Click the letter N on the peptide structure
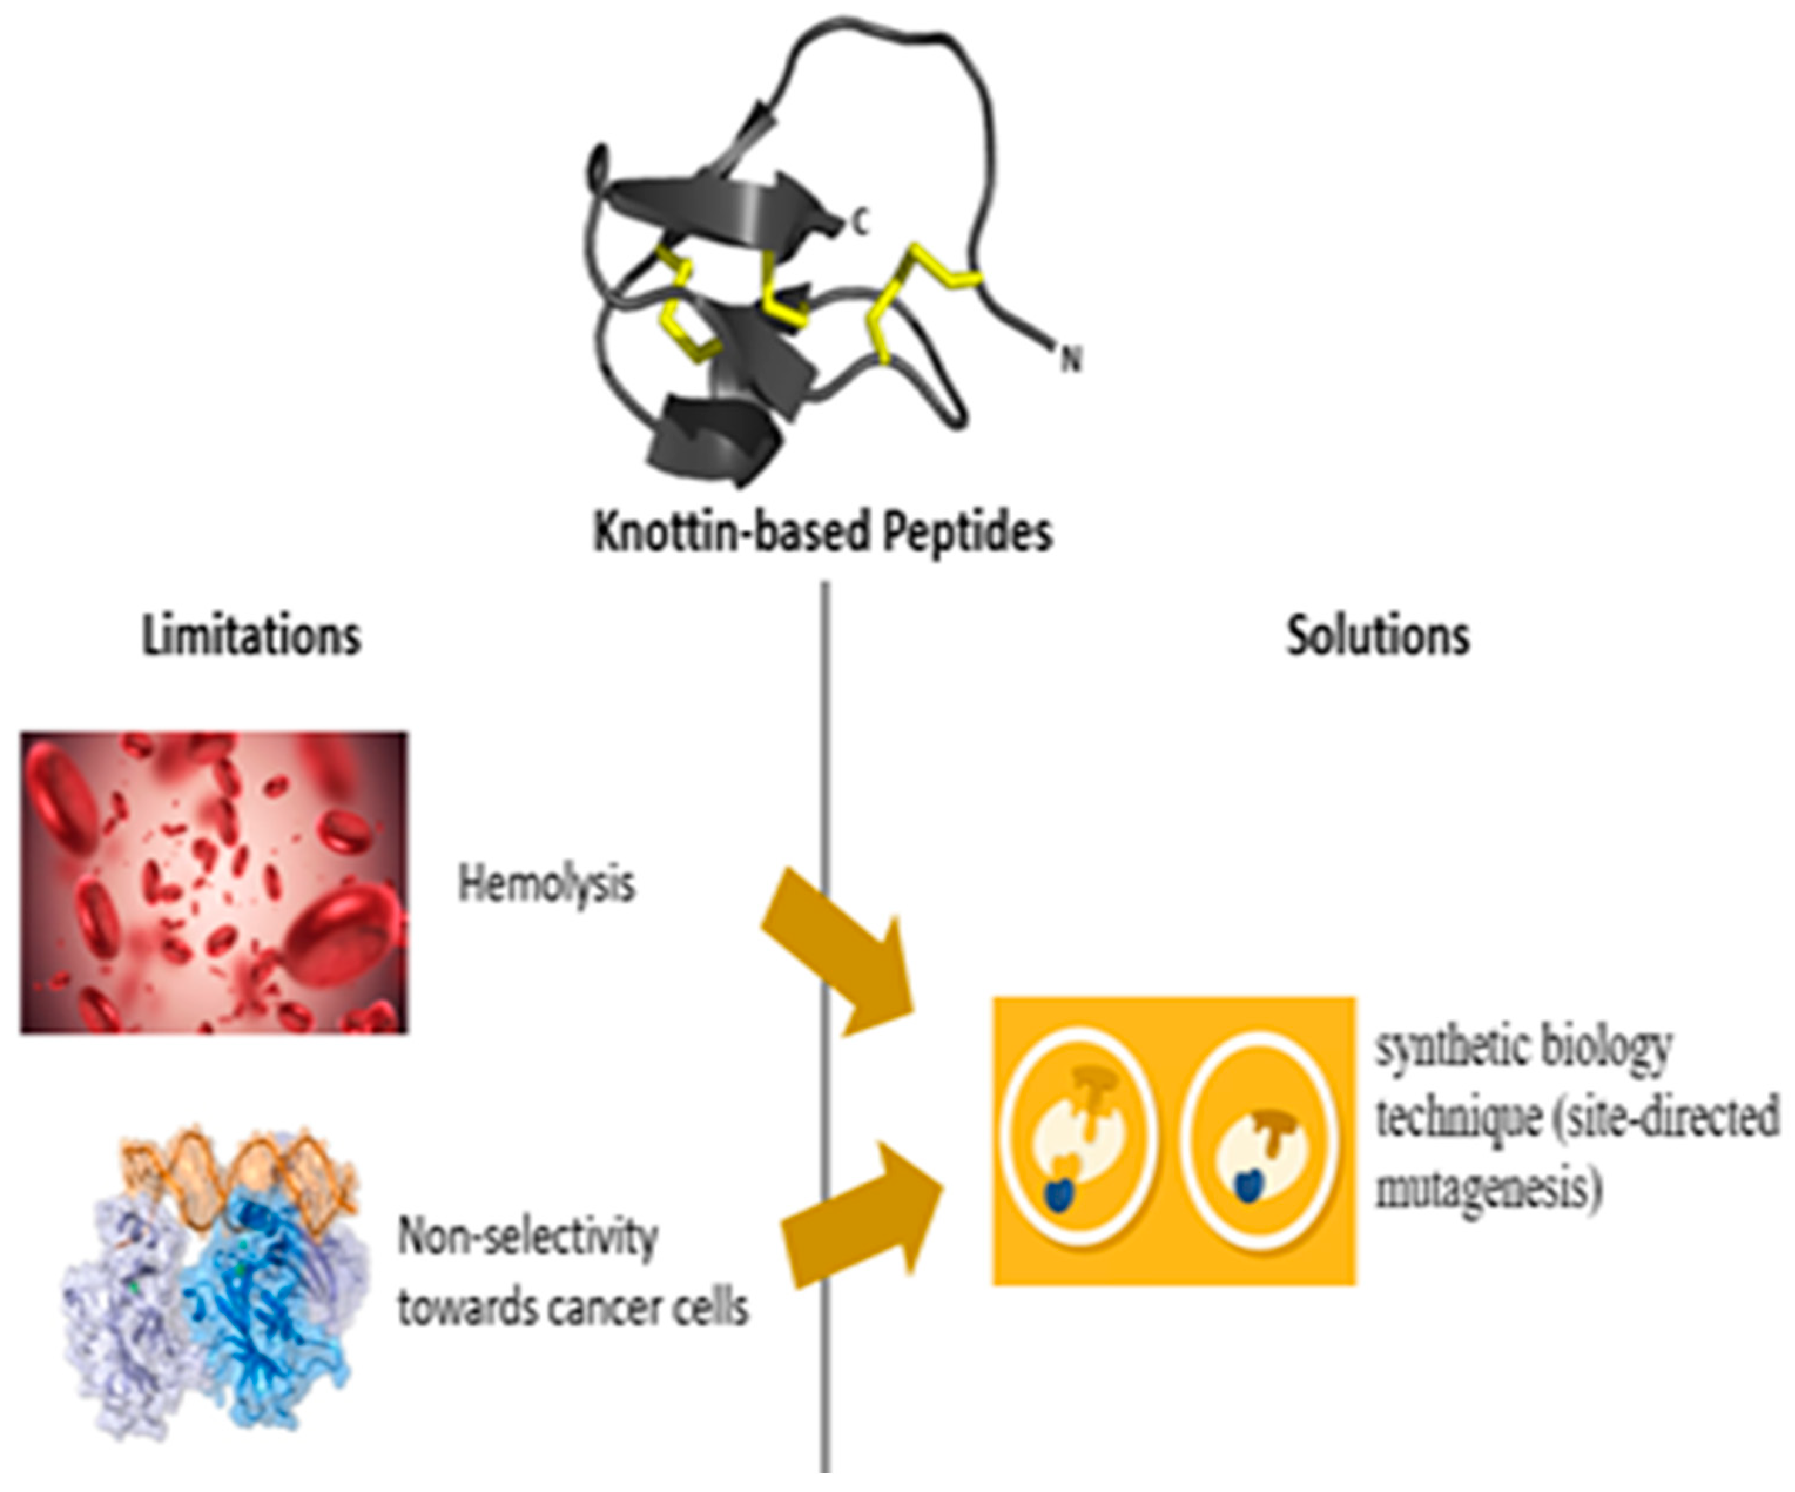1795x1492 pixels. click(x=1070, y=360)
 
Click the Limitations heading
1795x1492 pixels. click(x=251, y=636)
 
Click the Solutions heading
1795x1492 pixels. click(x=1378, y=636)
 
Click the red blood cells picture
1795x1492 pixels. click(x=214, y=882)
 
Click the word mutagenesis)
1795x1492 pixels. click(x=1487, y=1190)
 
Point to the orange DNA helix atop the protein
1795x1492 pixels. click(x=240, y=1167)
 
